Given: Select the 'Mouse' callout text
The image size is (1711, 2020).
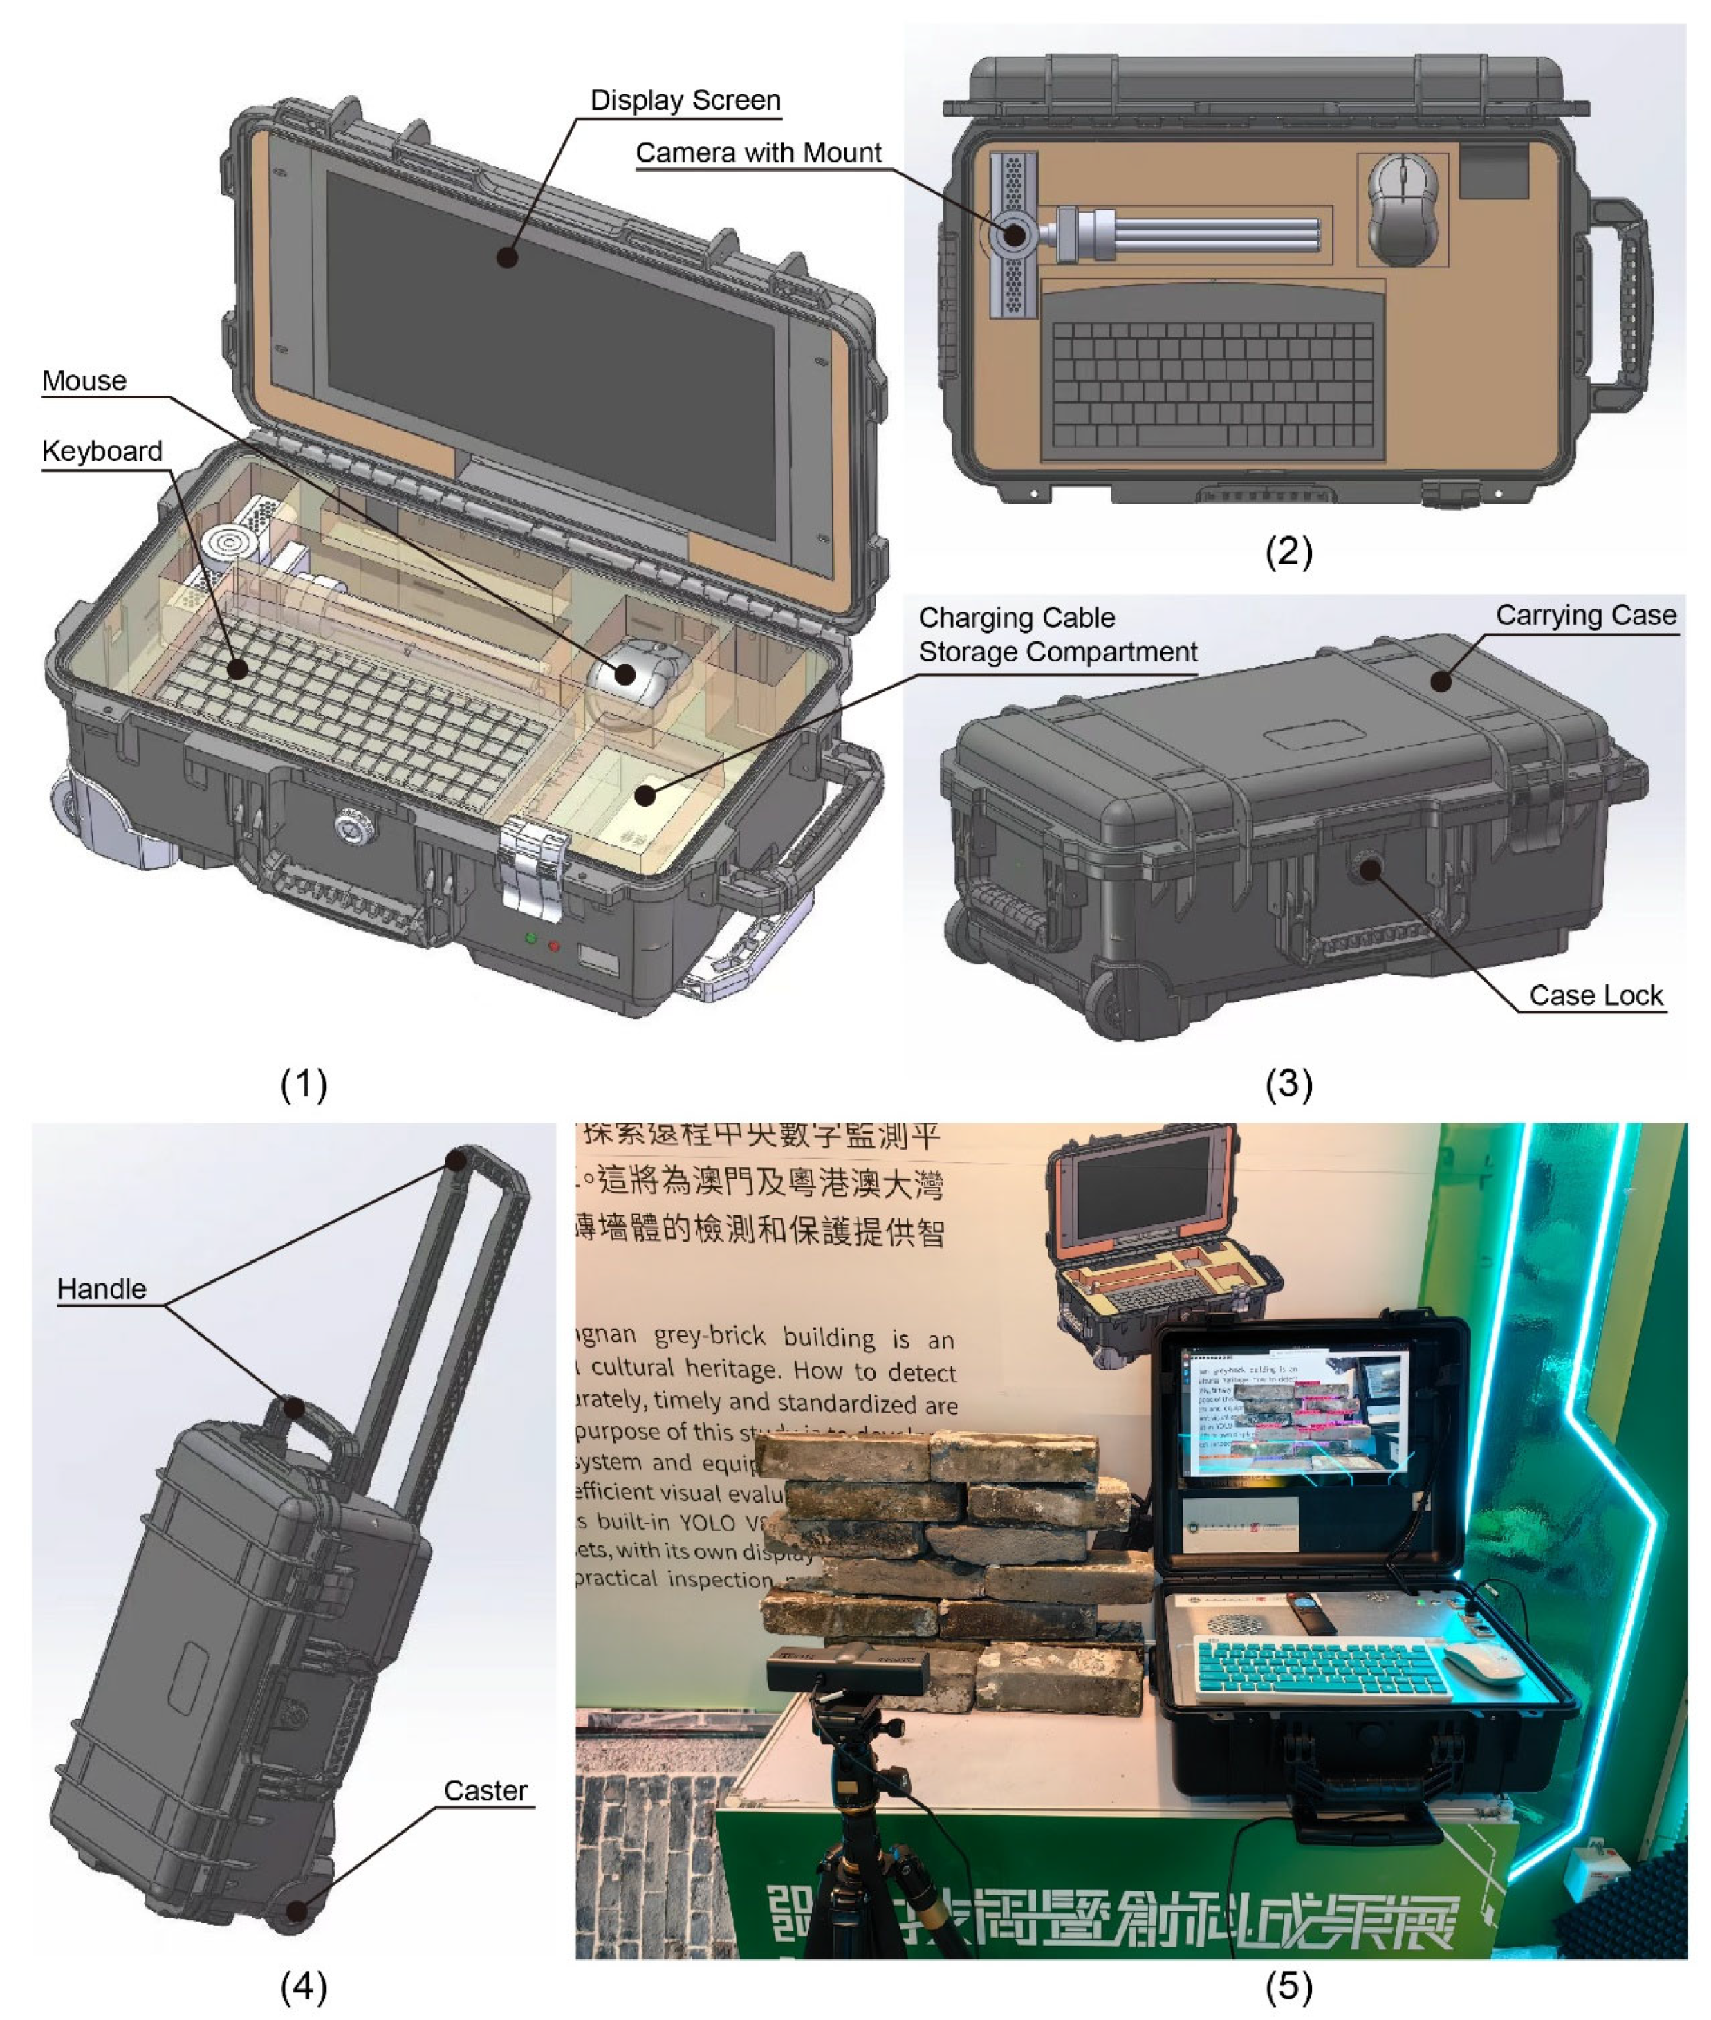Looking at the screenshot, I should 84,381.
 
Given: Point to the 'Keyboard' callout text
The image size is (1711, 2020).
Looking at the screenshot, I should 102,452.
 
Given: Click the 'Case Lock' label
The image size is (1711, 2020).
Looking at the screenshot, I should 1595,995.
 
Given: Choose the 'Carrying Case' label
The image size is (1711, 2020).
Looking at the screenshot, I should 1585,615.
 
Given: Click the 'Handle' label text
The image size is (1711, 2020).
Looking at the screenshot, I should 102,1289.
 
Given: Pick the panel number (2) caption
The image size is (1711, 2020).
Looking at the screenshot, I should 1288,551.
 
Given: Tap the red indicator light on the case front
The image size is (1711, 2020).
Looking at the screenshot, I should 554,945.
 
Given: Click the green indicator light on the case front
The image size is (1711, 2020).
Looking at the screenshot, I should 530,938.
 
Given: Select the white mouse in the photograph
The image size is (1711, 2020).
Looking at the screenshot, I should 1484,1665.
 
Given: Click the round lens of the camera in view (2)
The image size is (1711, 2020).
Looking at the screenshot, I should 1015,234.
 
